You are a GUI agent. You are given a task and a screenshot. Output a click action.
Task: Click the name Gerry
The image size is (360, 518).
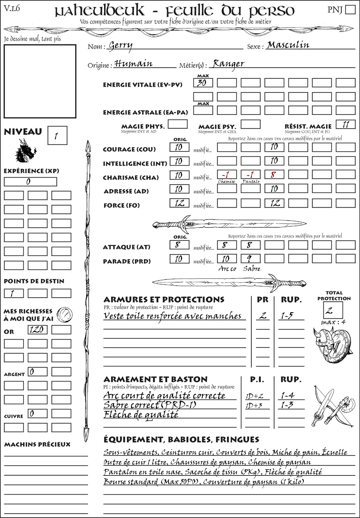[120, 46]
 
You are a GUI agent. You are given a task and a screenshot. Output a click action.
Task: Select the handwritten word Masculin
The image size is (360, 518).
[288, 45]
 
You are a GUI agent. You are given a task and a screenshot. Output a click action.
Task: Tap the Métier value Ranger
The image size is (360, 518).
[229, 64]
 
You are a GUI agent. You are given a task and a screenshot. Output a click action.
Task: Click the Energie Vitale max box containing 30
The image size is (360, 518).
[203, 83]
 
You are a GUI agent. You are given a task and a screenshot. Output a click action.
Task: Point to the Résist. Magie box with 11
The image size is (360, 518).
[345, 124]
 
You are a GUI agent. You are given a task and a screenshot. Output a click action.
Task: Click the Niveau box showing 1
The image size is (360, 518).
[57, 136]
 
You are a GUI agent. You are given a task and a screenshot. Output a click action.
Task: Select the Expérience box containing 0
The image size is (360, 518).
[30, 182]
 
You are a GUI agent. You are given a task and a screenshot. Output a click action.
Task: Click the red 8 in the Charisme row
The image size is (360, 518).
[274, 175]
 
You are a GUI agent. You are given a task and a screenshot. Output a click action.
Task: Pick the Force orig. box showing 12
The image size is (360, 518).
[179, 203]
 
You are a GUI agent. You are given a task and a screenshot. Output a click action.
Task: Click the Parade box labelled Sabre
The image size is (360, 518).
[250, 259]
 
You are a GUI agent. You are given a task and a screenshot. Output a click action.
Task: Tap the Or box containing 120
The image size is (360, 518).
[37, 330]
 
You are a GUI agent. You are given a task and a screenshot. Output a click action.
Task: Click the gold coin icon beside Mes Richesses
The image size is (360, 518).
[64, 314]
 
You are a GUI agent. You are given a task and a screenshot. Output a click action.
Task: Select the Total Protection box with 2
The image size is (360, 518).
[333, 310]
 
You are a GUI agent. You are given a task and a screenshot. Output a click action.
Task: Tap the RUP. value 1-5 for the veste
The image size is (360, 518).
[287, 316]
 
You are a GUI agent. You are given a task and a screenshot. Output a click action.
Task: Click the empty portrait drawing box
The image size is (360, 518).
[40, 82]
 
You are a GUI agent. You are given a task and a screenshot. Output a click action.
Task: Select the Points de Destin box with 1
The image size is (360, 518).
[14, 293]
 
